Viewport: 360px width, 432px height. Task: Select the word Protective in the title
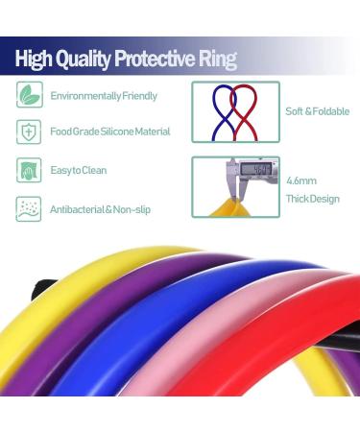(157, 59)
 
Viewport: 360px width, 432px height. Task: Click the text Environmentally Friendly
(104, 96)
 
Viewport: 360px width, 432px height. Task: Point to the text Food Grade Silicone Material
(109, 132)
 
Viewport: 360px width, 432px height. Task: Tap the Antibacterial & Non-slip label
(102, 207)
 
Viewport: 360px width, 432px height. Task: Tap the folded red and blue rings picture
(235, 111)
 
